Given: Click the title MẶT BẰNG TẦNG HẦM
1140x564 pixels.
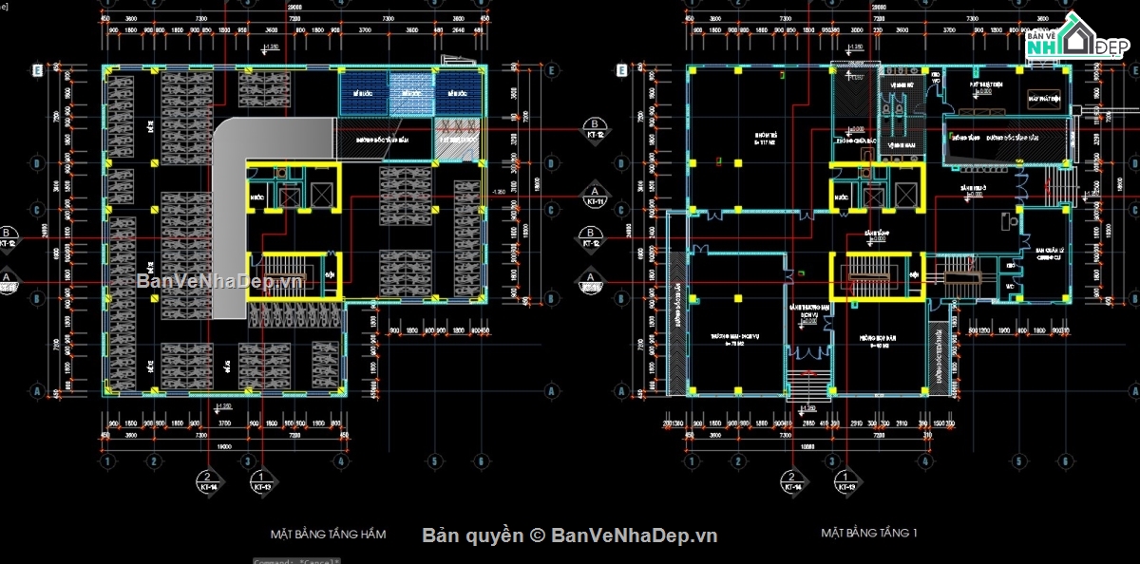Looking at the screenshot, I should point(328,534).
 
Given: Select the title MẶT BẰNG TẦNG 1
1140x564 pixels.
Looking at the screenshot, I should point(868,533).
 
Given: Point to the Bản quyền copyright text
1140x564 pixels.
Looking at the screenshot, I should point(570,536).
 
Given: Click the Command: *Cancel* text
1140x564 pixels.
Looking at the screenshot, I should point(297,560).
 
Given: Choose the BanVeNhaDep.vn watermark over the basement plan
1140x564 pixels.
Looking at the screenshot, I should point(219,280).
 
